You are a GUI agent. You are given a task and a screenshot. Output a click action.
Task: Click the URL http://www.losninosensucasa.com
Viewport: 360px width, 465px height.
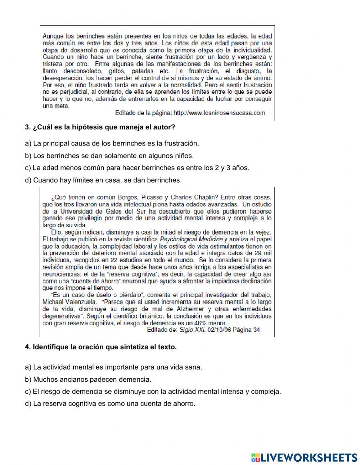(219, 113)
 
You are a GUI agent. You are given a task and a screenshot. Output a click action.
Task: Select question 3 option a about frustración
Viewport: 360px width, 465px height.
(112, 143)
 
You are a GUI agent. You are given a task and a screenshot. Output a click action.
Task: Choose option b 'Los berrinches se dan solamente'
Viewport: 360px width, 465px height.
(109, 156)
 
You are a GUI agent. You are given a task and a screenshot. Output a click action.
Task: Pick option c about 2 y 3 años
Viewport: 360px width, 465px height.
(137, 168)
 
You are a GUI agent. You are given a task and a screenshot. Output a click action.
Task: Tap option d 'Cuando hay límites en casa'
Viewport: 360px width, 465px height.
(103, 180)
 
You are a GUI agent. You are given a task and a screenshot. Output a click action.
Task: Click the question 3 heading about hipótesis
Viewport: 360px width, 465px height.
(100, 127)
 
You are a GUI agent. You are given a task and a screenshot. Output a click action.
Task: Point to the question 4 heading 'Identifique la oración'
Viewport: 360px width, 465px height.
(101, 347)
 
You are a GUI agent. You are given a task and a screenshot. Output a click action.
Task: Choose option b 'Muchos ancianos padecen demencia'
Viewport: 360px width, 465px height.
(88, 379)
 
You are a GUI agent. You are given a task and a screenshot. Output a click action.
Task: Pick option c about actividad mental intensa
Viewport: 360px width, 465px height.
(153, 392)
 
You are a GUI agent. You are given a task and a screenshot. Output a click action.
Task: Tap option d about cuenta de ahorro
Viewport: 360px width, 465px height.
(110, 403)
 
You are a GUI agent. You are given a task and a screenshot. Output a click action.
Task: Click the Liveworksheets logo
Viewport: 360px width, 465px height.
(304, 457)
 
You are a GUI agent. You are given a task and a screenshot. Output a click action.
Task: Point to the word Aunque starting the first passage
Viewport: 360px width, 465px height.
(53, 36)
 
